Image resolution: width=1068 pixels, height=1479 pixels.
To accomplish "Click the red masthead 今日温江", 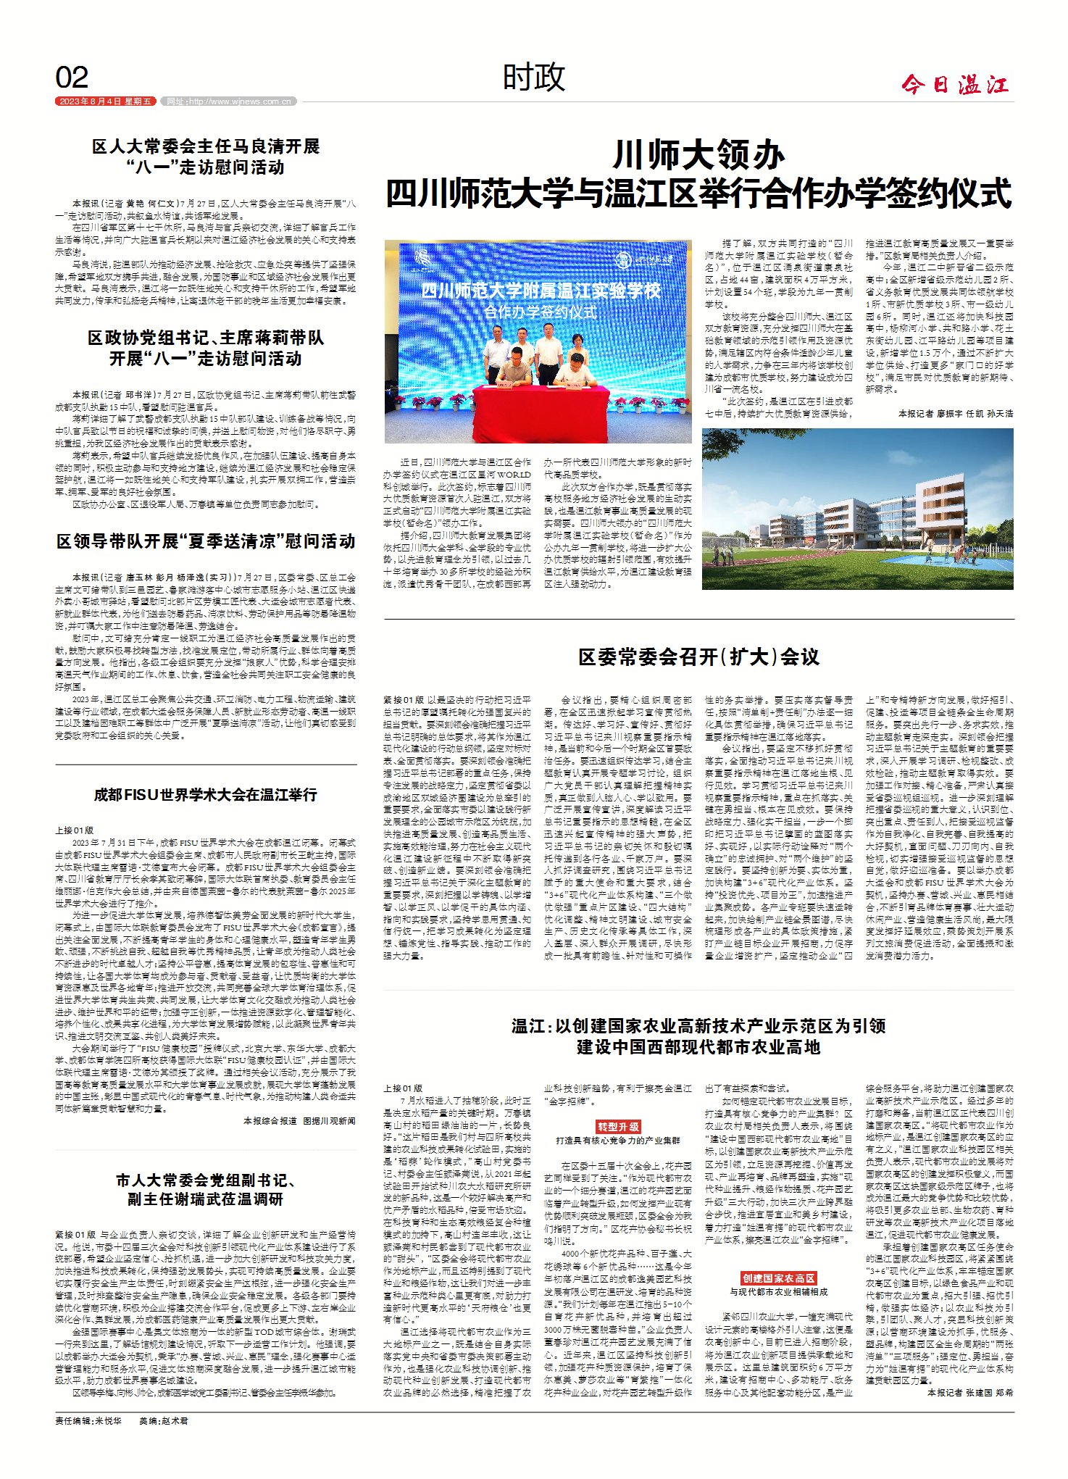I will [x=955, y=85].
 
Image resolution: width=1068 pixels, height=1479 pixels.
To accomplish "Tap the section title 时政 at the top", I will [x=534, y=77].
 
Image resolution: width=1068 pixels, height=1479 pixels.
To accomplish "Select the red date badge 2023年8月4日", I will [x=106, y=101].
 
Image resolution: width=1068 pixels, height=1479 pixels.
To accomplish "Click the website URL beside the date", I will [x=228, y=101].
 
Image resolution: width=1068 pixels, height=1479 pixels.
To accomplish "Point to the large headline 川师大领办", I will [x=698, y=154].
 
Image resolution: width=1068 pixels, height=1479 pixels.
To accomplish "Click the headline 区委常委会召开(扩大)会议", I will [x=698, y=657].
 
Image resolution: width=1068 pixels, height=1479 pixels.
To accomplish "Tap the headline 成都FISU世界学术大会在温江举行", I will [x=206, y=795].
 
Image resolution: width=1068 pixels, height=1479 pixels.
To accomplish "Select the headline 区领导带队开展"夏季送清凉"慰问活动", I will [x=206, y=541].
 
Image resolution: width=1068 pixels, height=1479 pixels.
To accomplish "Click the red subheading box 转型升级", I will [x=618, y=1127].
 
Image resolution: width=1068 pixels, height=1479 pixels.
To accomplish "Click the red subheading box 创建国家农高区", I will [x=778, y=1278].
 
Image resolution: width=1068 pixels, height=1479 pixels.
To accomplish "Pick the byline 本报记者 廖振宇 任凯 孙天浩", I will [x=955, y=413].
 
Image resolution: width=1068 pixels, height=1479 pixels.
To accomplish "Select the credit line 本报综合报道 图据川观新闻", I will [x=299, y=1120].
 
